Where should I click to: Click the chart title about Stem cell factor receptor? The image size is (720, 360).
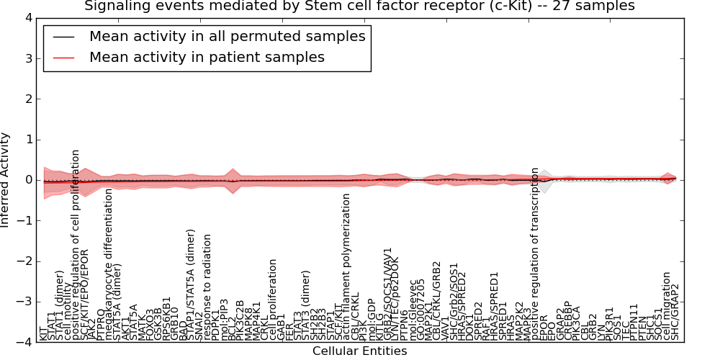pyautogui.click(x=360, y=6)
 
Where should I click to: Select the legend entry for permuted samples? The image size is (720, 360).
pyautogui.click(x=227, y=36)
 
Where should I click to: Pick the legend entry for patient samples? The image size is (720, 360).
pyautogui.click(x=207, y=57)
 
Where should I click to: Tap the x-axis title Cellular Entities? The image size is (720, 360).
pyautogui.click(x=359, y=351)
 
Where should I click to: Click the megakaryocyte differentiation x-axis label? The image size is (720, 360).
pyautogui.click(x=109, y=264)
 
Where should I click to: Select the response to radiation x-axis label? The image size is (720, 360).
pyautogui.click(x=207, y=287)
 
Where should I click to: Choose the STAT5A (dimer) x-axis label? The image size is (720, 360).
pyautogui.click(x=117, y=296)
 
